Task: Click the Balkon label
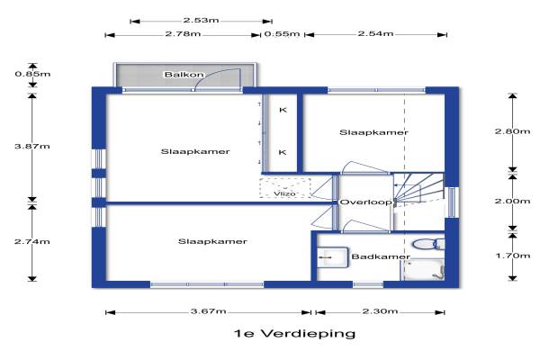coord(184,75)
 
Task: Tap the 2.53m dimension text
coord(201,20)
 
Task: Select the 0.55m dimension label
coord(282,34)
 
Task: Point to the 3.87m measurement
coord(32,146)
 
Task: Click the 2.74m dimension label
coord(32,241)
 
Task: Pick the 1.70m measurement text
coord(512,256)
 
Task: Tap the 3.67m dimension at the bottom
coord(209,311)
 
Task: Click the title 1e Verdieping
coord(294,334)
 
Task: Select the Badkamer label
coord(381,256)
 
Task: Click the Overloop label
coord(365,202)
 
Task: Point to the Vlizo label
coord(284,193)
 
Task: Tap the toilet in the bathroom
coord(428,244)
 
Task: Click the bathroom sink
coord(332,257)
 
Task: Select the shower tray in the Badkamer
coord(423,270)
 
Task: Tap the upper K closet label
coord(283,110)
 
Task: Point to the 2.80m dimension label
coord(512,131)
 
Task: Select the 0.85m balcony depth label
coord(32,74)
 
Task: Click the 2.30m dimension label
coord(380,311)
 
